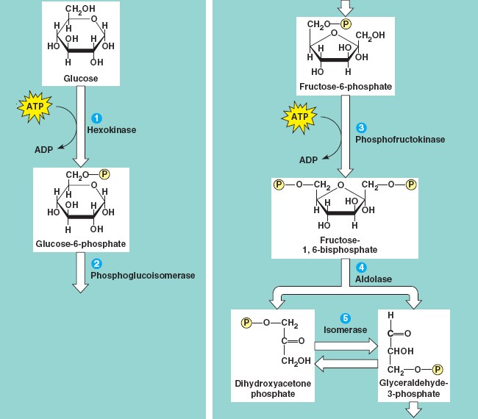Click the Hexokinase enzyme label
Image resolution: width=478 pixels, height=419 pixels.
point(111,129)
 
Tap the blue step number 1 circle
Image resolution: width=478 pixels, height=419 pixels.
point(95,117)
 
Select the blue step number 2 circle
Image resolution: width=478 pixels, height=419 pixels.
point(96,263)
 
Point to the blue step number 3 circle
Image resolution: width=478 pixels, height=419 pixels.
point(360,126)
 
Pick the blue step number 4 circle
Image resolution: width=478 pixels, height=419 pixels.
point(361,267)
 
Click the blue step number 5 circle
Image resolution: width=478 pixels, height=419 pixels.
point(345,318)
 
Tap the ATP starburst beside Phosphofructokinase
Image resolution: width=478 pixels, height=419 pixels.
point(298,117)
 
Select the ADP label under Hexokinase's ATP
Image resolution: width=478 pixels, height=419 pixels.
point(44,150)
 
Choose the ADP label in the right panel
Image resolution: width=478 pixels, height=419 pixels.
point(309,160)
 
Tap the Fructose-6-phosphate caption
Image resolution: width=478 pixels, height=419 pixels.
point(346,87)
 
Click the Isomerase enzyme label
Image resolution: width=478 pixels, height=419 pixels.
point(345,330)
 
